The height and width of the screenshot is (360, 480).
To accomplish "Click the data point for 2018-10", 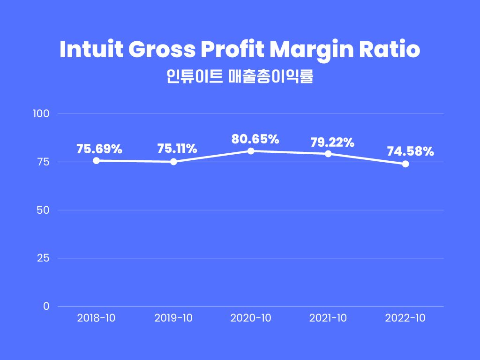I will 96,160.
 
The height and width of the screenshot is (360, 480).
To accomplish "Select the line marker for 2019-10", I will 173,162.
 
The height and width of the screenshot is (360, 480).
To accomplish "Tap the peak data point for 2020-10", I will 251,151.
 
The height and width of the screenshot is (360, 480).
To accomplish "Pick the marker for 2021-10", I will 328,154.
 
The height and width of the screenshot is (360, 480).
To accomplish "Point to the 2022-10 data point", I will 405,164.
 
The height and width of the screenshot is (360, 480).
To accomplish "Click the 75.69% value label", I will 99,149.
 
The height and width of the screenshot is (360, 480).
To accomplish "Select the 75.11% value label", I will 177,149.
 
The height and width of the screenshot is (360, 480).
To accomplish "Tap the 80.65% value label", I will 255,139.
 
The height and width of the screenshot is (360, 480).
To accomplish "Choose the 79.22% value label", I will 332,142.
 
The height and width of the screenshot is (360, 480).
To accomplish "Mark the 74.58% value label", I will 410,151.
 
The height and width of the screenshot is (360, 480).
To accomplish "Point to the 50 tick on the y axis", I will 43,210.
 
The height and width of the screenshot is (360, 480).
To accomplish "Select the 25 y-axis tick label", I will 43,258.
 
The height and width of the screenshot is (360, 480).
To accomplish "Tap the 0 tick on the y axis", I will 46,306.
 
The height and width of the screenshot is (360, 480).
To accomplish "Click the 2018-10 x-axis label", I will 96,318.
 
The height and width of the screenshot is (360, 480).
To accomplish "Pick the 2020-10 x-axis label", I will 251,318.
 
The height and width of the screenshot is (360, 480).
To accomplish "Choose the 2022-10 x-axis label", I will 405,318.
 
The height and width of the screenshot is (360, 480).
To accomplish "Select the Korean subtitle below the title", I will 240,76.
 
